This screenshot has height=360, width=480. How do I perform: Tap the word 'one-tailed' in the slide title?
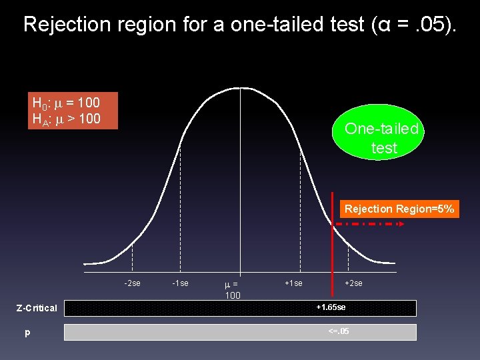pos(281,25)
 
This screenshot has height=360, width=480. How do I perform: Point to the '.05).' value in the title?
pos(434,25)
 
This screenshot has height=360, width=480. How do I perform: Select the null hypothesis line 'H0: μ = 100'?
pos(66,103)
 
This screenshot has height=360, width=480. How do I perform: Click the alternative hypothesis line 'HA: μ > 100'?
pos(66,119)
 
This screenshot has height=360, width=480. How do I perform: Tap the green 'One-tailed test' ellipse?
pos(381,138)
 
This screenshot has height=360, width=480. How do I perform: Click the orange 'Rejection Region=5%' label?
pos(399,209)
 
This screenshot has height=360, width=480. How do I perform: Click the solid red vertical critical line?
pos(332,247)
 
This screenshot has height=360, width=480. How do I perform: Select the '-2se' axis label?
pos(132,283)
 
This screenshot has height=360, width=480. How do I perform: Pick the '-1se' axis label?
pos(180,283)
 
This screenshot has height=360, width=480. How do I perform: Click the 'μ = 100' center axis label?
pos(233,289)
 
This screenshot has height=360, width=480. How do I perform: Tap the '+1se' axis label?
pos(293,283)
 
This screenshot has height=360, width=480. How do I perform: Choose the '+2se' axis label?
pos(353,283)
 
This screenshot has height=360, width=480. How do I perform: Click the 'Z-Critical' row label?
pos(37,308)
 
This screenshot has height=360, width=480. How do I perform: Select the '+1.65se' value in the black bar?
pos(331,307)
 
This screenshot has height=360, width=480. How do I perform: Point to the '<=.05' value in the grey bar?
pos(338,331)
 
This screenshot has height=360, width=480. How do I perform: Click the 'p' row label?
pos(27,332)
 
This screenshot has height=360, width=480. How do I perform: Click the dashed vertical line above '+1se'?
pos(300,200)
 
